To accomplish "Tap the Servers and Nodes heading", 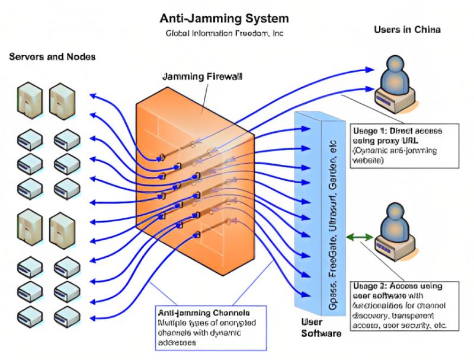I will (52, 57).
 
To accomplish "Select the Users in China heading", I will (407, 30).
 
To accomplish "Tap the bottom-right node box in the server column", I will (66, 313).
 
